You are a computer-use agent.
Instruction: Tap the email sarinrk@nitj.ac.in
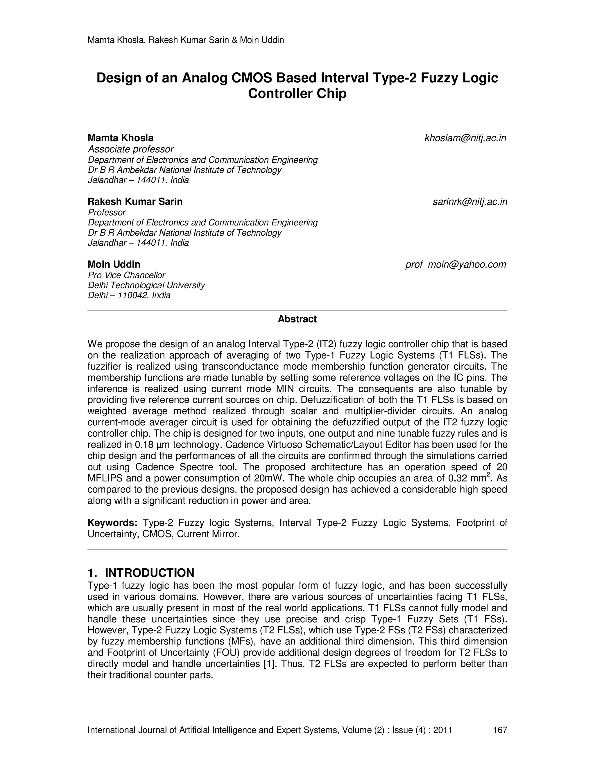[x=469, y=202]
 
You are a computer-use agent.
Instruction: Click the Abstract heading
[x=297, y=319]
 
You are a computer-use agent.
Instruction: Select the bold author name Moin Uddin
[x=114, y=264]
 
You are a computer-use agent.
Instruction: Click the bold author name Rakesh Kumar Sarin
[x=135, y=202]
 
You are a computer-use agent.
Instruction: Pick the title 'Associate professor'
[x=131, y=149]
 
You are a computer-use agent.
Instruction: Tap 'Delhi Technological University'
[x=146, y=285]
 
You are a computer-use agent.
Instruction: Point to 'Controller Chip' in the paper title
[x=297, y=94]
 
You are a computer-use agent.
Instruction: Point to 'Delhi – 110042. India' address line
[x=129, y=296]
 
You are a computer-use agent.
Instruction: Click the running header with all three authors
[x=185, y=40]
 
